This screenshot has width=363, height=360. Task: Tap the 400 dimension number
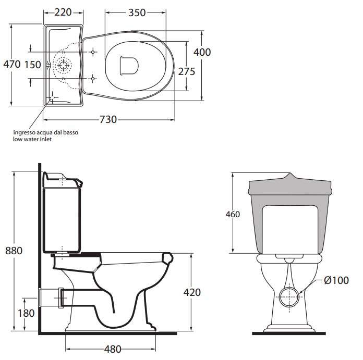(x=202, y=52)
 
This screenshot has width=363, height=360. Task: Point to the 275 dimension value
(x=187, y=71)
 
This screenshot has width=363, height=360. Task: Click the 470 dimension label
(x=11, y=65)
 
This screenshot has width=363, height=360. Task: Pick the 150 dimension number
(x=32, y=65)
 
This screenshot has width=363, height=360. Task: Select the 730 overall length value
(x=108, y=120)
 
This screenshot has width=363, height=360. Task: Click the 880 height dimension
(x=14, y=251)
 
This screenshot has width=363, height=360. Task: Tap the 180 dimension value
(x=26, y=313)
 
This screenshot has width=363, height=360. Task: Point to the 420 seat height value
(x=192, y=293)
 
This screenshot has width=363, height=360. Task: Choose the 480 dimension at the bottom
(x=113, y=349)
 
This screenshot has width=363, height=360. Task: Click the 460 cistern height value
(x=233, y=214)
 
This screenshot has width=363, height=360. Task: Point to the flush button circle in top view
(x=64, y=65)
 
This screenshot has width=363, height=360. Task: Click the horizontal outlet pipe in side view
(x=52, y=296)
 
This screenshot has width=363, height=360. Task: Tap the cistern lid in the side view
(x=62, y=180)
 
